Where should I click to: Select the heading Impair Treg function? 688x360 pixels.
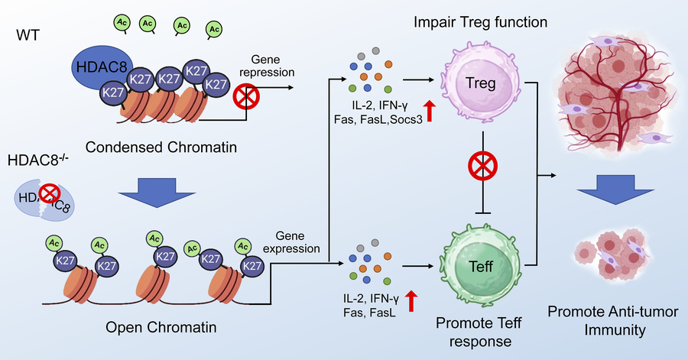click(x=481, y=21)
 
